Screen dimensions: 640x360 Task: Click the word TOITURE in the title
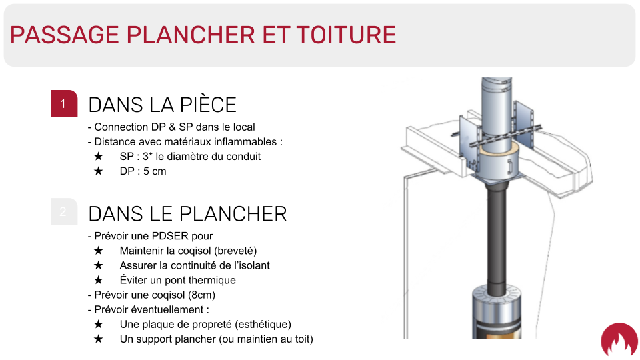tap(346, 35)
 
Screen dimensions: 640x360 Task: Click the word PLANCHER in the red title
tap(191, 35)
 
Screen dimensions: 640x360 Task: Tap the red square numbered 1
tap(64, 103)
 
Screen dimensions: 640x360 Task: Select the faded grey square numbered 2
tap(64, 211)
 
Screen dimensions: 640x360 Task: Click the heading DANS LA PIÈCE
tap(163, 105)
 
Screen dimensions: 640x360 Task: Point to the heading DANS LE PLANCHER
tap(188, 214)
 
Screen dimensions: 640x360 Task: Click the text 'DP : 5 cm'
tap(143, 171)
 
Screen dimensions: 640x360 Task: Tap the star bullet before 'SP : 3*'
tap(99, 156)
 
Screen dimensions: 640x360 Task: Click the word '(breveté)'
tap(235, 251)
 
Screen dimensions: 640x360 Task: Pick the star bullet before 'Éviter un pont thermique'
tap(99, 280)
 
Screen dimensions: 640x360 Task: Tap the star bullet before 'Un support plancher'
tap(99, 339)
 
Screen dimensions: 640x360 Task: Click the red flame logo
tap(619, 339)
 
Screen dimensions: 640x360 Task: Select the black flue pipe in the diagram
tap(497, 241)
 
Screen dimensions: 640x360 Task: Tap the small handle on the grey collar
tap(509, 166)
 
